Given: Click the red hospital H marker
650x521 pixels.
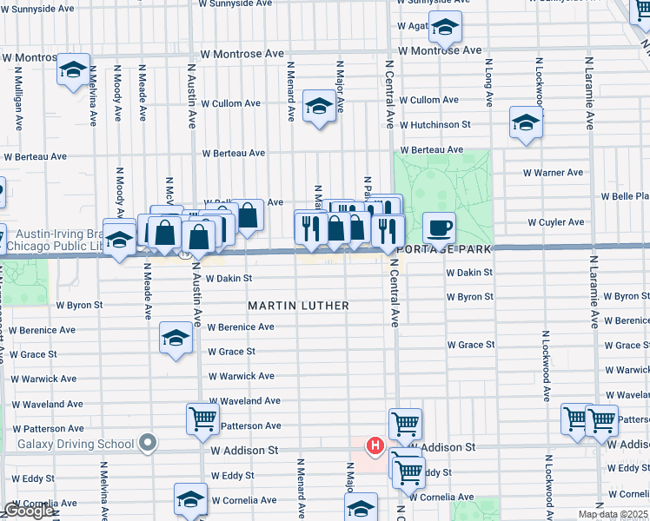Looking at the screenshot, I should click(x=375, y=446).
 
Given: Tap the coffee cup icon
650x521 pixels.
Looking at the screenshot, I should click(x=439, y=228).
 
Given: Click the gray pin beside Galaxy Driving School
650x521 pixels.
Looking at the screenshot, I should click(x=149, y=444).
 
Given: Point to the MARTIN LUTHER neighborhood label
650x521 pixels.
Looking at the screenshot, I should click(x=298, y=306).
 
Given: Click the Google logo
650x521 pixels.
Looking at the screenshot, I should click(x=28, y=511).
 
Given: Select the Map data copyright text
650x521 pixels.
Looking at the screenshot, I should click(x=614, y=515).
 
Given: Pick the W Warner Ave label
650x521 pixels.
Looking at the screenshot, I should click(x=553, y=173).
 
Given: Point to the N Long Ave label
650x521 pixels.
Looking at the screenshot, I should click(x=489, y=82).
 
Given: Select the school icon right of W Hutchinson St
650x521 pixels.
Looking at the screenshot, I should click(x=526, y=123).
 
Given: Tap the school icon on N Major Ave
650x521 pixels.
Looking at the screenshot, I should click(x=319, y=108).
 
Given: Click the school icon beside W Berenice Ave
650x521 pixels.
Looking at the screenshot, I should click(x=176, y=338).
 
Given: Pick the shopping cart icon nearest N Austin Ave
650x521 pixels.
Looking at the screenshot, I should click(x=202, y=419).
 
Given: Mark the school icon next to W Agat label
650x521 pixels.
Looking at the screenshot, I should click(x=445, y=30).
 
